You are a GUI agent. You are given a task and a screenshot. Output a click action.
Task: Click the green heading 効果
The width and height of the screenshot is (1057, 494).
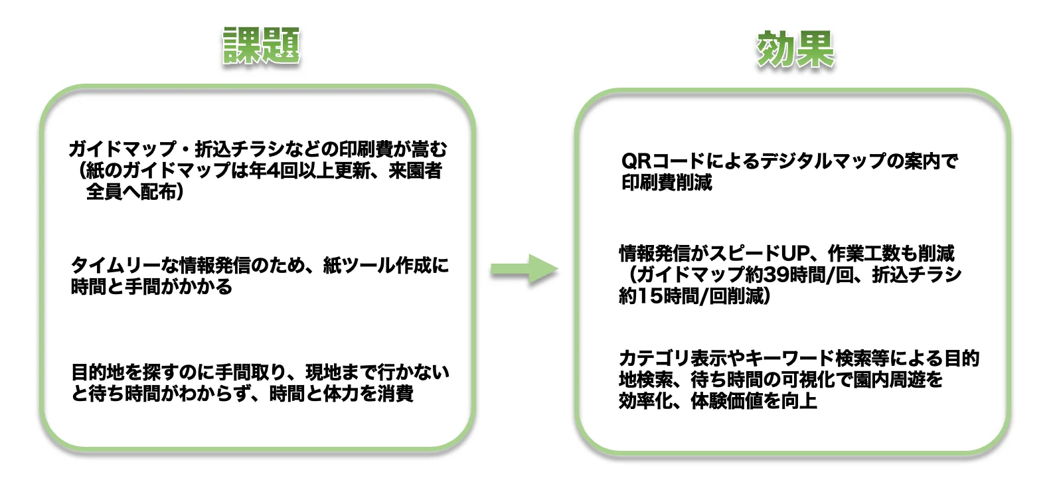click(x=795, y=49)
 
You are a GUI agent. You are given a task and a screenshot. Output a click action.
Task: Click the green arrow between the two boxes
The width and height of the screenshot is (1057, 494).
click(x=524, y=269)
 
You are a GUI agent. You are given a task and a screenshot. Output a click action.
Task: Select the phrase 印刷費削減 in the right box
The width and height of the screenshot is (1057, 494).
click(x=666, y=183)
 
